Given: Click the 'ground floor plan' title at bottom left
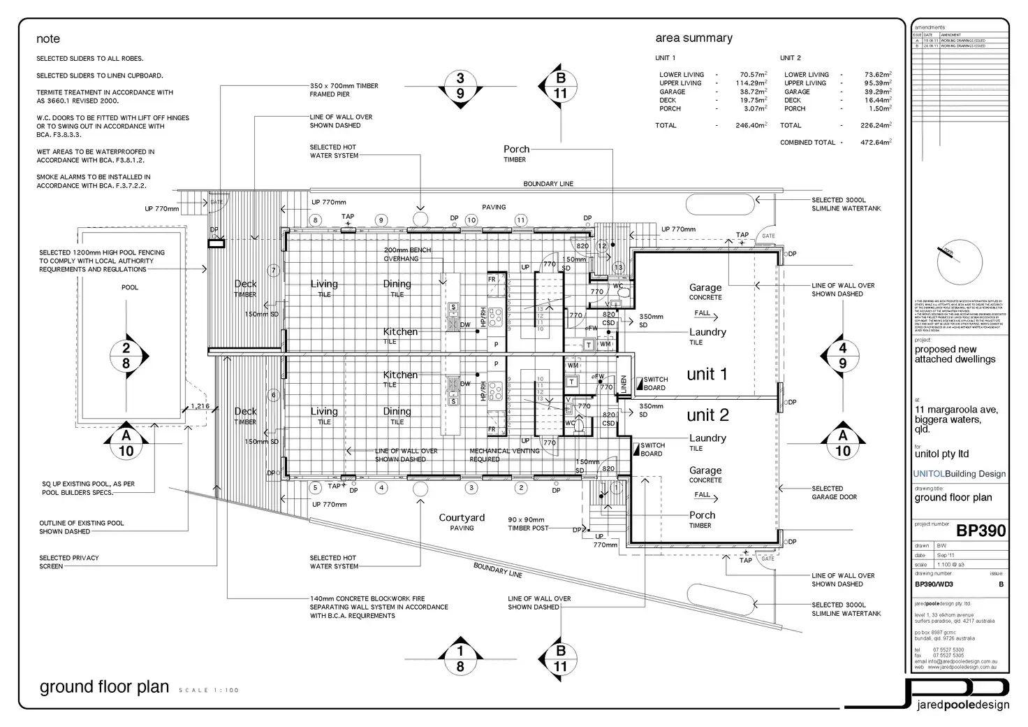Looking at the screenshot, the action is point(104,686).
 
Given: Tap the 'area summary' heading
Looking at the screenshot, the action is point(693,38).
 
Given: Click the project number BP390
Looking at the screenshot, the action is point(981,531).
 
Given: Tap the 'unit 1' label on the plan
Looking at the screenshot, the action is point(707,374).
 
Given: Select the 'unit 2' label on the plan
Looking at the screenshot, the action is point(707,415).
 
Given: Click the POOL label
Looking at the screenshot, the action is point(130,287).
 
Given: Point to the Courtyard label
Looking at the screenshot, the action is point(462,518).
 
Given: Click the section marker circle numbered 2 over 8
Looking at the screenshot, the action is point(126,356).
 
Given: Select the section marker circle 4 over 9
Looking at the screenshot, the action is point(843,356).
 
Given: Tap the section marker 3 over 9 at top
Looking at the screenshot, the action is point(460,86).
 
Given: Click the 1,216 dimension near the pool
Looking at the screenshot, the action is point(200,406).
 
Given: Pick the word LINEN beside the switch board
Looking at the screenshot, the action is point(624,384).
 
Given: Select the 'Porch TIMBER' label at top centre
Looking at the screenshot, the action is point(516,153).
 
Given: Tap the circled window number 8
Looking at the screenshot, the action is point(316,220).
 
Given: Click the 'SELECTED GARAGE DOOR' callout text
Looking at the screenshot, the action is point(834,493).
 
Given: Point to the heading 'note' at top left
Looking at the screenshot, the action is point(48,39).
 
